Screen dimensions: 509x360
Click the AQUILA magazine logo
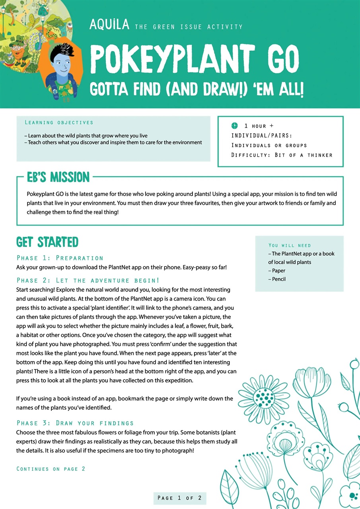[x=109, y=25]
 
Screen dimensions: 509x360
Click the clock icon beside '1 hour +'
[x=235, y=126]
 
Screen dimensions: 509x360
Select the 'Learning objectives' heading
[x=59, y=122]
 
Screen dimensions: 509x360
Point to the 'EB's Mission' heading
[x=58, y=177]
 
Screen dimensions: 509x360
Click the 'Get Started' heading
[x=47, y=242]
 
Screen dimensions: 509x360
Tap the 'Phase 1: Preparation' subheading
[x=60, y=258]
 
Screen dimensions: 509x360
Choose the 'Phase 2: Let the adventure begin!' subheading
[x=88, y=281]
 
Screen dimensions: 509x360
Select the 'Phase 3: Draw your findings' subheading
[x=75, y=423]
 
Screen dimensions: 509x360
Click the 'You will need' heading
[x=290, y=245]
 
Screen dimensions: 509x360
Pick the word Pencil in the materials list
[x=279, y=279]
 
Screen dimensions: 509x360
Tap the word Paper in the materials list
[x=278, y=271]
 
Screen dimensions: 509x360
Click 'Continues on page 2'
[x=51, y=469]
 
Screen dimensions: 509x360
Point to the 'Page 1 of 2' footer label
[x=180, y=498]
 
